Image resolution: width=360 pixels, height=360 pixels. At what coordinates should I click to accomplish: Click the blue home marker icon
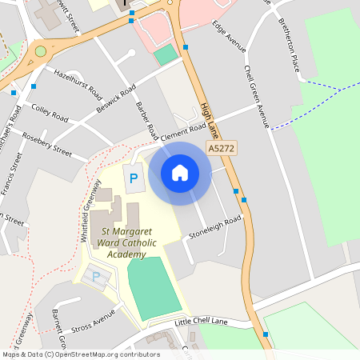180,172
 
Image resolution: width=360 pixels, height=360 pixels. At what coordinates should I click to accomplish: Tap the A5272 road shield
222,149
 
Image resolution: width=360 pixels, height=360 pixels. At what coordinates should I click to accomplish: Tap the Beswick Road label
116,98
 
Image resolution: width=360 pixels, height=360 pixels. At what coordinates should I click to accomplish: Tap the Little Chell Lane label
201,322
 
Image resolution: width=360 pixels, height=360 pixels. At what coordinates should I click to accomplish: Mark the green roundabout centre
40,52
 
